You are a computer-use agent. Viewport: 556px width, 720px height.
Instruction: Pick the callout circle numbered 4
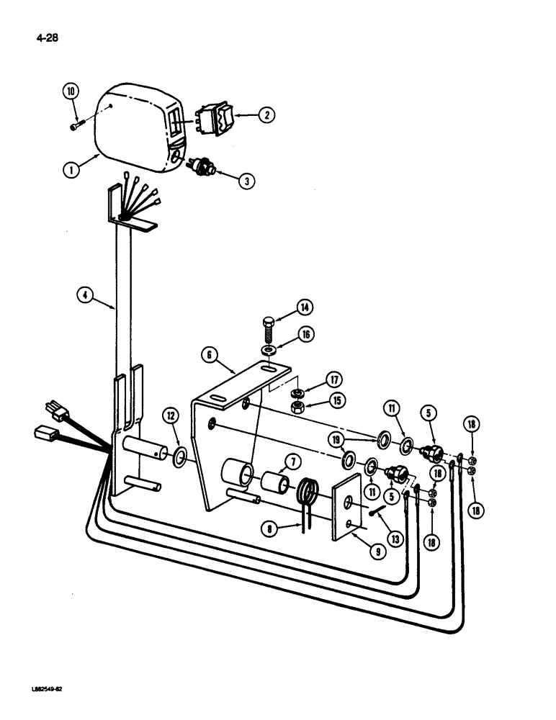click(86, 294)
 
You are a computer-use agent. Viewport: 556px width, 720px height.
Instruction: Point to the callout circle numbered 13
click(389, 530)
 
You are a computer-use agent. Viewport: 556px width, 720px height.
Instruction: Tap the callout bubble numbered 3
click(247, 181)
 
